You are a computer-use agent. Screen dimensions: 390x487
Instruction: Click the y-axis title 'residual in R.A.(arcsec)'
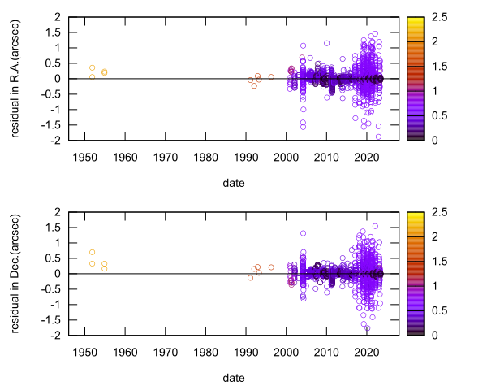click(15, 78)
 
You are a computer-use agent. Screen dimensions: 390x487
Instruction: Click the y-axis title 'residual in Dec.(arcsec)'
click(15, 273)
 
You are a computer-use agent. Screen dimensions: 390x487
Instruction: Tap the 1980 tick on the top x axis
click(205, 156)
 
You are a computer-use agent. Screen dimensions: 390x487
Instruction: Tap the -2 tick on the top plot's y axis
click(57, 141)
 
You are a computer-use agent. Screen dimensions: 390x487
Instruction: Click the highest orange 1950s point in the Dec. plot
click(92, 252)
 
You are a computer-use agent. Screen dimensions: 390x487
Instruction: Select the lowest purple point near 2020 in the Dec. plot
click(367, 328)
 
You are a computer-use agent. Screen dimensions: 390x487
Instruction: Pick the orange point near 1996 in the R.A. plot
click(271, 77)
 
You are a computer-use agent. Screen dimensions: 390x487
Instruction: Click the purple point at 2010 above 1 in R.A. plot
click(326, 43)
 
